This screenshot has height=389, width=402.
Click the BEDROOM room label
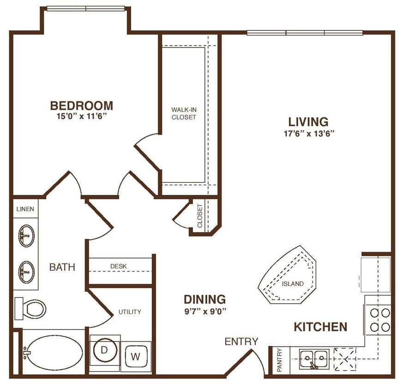[81, 106]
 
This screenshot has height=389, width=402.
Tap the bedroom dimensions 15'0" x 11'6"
[81, 117]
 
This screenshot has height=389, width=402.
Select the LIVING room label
[308, 122]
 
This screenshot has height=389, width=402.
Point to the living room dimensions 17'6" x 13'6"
[308, 134]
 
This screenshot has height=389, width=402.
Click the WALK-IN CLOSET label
[184, 113]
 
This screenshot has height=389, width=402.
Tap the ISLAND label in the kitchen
[293, 283]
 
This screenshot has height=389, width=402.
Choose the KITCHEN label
[320, 327]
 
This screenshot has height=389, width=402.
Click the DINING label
[204, 299]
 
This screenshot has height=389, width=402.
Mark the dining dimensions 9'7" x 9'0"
[204, 311]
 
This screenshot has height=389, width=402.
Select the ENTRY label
[241, 342]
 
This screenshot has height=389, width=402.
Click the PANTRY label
[279, 360]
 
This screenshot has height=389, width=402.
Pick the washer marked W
[136, 356]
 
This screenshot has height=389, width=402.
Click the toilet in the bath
[31, 308]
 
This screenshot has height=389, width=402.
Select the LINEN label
[25, 209]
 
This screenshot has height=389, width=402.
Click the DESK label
[119, 266]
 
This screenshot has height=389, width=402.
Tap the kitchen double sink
[314, 358]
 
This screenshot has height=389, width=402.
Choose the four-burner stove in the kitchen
[379, 320]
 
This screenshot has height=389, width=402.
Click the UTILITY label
[130, 312]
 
